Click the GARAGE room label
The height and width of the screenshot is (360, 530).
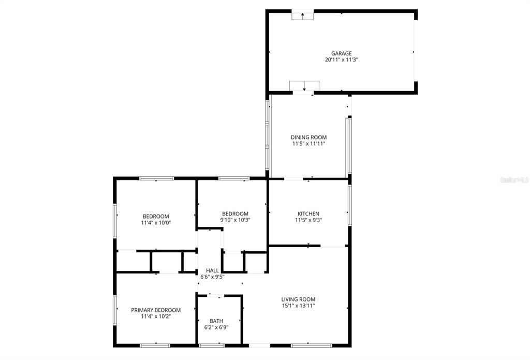pos(342,53)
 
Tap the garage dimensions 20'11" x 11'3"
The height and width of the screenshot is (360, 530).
pos(342,60)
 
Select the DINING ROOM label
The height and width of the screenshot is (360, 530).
pos(308,137)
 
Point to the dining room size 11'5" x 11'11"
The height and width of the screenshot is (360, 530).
pos(308,144)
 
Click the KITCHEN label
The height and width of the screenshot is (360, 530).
pos(308,213)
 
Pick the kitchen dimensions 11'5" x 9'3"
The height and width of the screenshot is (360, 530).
pos(308,220)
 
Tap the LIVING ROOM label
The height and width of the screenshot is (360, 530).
pos(298,299)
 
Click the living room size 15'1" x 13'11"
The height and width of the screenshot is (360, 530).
pos(298,306)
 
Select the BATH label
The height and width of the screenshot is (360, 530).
pos(216,321)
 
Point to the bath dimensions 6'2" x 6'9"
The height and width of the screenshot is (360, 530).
pos(216,327)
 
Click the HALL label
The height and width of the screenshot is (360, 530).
pos(212,270)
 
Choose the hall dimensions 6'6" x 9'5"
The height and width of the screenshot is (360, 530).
pos(212,277)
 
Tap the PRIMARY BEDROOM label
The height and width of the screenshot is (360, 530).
pos(156,310)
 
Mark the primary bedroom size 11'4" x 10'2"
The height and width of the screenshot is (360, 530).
pos(156,316)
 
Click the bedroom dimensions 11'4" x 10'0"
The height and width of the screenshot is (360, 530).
pos(156,223)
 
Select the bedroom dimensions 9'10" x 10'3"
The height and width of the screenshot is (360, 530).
pos(235,220)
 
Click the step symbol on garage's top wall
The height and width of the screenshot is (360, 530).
pos(303,15)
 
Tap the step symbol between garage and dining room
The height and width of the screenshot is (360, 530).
pos(304,85)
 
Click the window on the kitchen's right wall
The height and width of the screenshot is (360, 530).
pos(350,205)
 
